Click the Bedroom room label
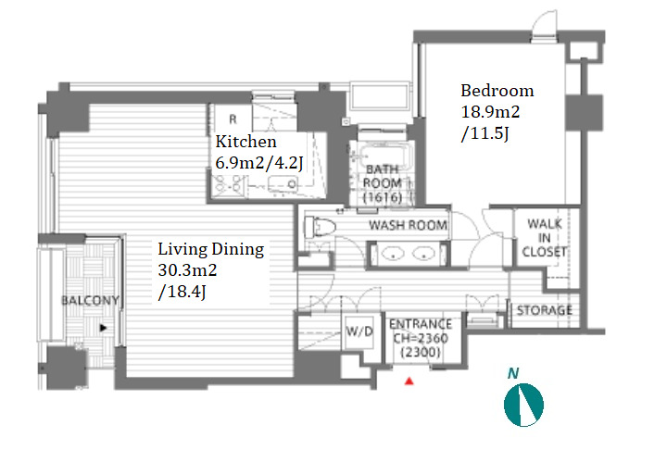coord(497,91)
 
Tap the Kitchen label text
coord(245,142)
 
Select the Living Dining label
coord(211,249)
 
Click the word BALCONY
coord(90,300)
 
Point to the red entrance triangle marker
coord(409,381)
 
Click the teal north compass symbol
coord(523,405)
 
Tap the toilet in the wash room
coord(320,226)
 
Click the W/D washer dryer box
coord(359,331)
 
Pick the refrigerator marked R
coord(233,119)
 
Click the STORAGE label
coord(544,310)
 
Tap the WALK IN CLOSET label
coord(545,237)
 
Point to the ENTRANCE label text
coord(421,324)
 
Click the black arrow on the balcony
coord(103,328)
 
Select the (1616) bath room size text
coord(383,197)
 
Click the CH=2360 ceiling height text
coord(421,338)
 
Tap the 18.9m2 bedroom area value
coord(490,112)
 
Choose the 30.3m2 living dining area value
coord(187,270)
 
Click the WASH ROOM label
coord(408,225)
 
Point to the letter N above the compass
coord(513,373)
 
